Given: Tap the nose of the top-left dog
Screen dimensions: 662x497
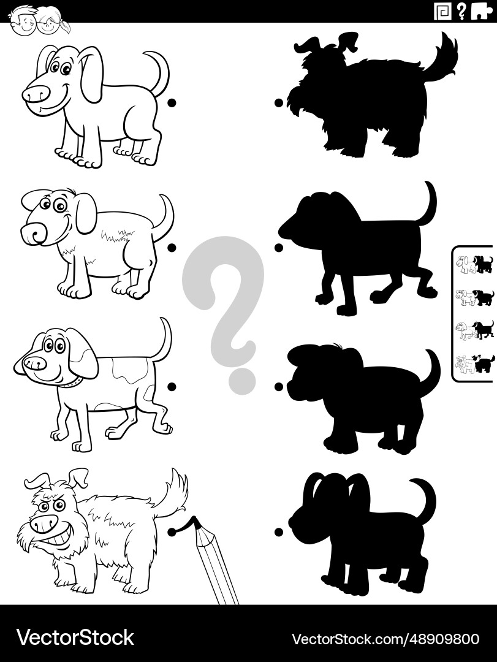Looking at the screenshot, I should (36, 94).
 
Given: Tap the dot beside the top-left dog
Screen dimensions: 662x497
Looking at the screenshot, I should (172, 102).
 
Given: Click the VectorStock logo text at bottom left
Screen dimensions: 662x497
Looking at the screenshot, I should (75, 637).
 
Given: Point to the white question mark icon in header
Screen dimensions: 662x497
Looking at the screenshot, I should (461, 11).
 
